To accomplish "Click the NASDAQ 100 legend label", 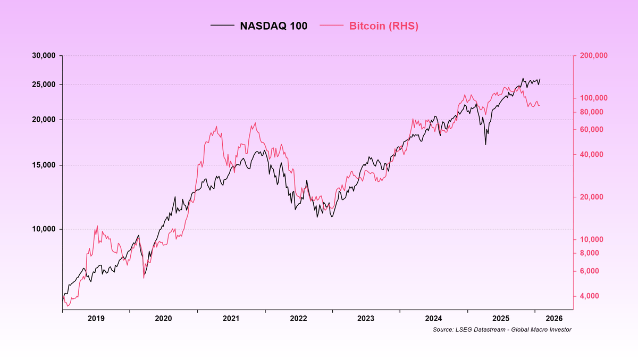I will click(274, 26).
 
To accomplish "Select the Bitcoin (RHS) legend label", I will click(383, 26).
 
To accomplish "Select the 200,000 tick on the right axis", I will click(593, 56).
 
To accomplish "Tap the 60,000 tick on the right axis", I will click(592, 129).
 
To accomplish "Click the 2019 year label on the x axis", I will click(96, 319).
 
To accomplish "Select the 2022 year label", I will click(299, 319).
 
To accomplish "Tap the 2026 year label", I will click(553, 319).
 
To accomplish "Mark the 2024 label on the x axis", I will click(434, 319).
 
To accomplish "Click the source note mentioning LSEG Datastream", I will click(502, 330).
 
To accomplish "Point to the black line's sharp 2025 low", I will click(485, 144).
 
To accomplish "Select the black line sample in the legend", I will click(222, 26).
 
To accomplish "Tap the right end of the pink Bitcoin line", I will click(540, 105).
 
